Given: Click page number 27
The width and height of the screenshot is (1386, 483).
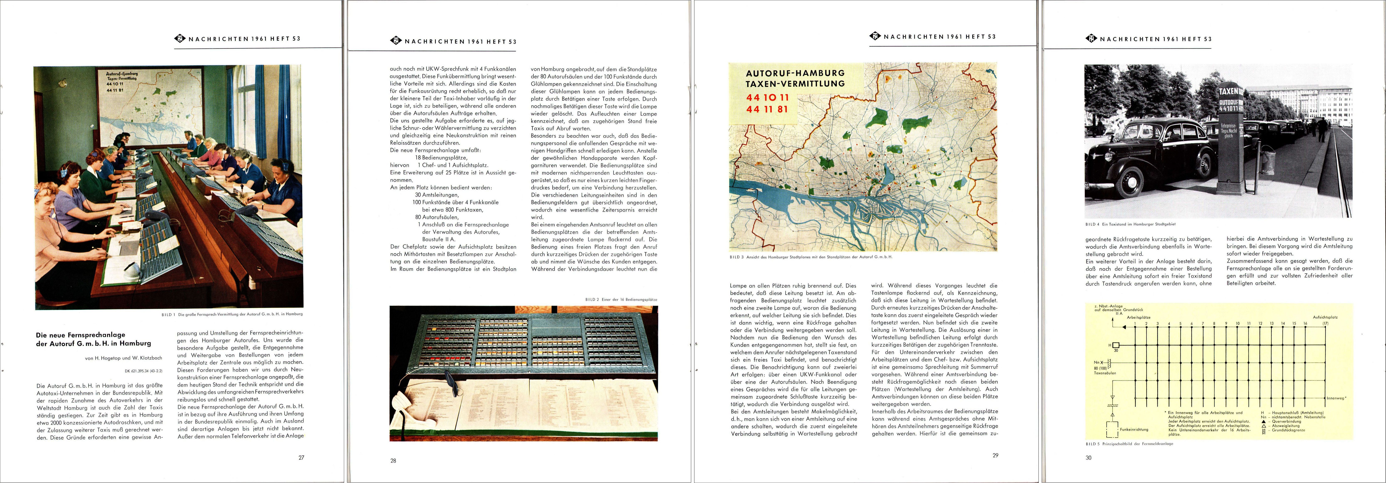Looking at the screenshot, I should coord(301,458).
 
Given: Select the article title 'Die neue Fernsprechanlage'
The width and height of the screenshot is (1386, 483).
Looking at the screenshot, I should coord(81,334).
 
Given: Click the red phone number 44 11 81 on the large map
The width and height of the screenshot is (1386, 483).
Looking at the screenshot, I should coord(767,109).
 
